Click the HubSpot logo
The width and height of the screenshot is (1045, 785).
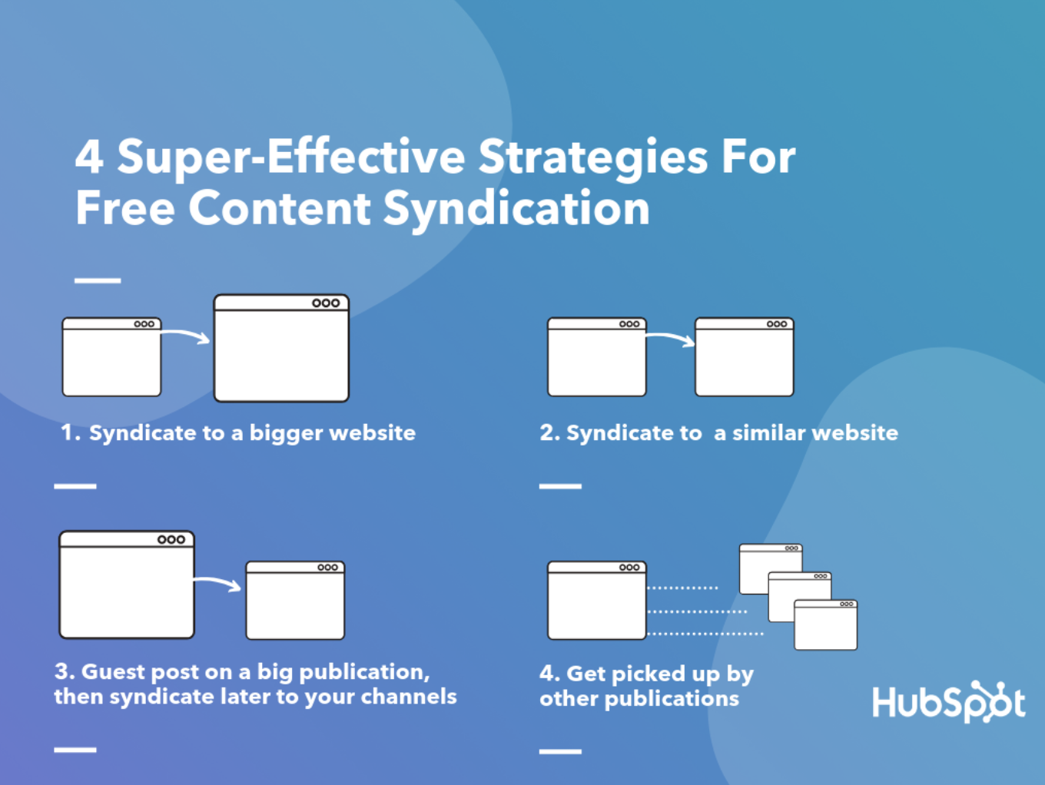click(x=947, y=702)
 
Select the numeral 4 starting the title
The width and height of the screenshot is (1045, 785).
click(x=89, y=157)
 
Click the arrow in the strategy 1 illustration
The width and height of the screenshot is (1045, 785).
click(x=185, y=336)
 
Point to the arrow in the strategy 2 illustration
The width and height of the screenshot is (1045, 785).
click(x=670, y=338)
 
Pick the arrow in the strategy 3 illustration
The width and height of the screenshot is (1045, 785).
click(x=217, y=583)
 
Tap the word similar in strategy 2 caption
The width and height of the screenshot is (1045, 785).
click(x=768, y=433)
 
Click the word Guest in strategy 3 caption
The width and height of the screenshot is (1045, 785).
click(x=113, y=672)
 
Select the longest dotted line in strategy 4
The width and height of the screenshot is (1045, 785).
click(x=705, y=634)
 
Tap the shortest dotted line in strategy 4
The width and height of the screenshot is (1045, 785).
click(x=682, y=588)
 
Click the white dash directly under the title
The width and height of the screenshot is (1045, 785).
click(x=98, y=280)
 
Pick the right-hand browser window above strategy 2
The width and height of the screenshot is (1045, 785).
click(x=744, y=357)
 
